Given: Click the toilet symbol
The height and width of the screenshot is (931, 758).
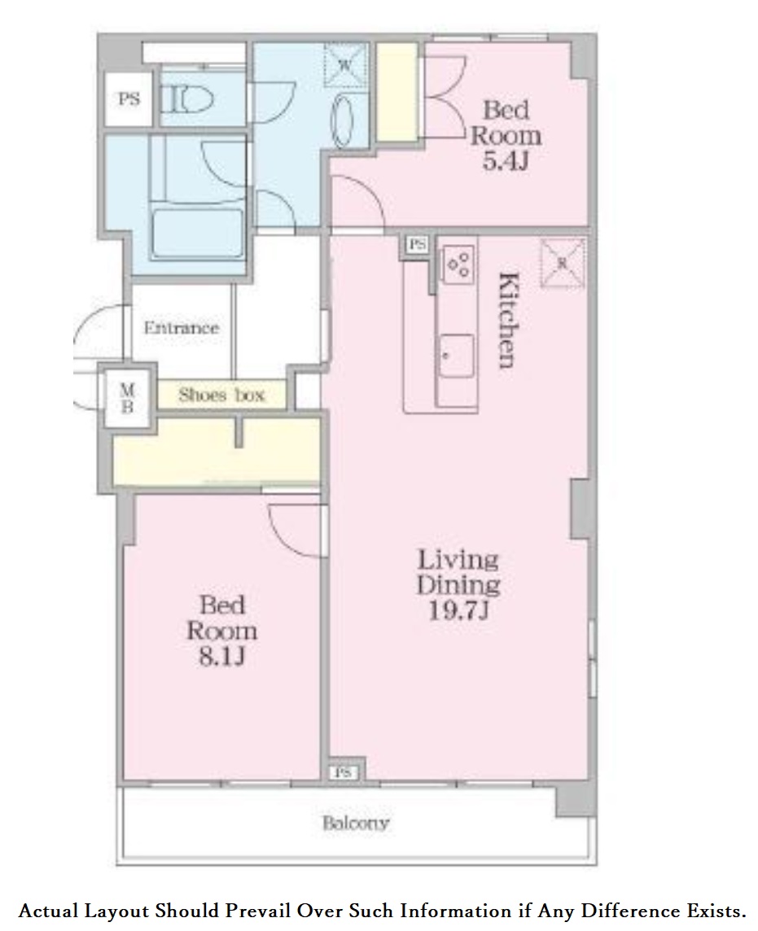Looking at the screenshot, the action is [x=187, y=99].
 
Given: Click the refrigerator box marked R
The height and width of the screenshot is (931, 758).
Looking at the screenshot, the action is [x=562, y=263].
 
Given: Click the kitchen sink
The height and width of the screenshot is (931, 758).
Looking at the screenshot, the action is [x=457, y=356].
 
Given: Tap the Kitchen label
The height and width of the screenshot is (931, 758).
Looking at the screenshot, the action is [x=509, y=320].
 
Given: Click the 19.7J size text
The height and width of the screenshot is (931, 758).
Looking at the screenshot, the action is [x=458, y=610].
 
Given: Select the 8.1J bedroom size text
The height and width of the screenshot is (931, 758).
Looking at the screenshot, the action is [x=221, y=656].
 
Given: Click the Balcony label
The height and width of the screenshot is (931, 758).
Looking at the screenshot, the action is [x=355, y=823].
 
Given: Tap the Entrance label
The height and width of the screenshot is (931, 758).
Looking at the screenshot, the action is [x=182, y=328].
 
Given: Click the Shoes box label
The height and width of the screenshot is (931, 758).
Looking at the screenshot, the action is [x=221, y=395].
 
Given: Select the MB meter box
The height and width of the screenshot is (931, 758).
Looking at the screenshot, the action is [x=128, y=398].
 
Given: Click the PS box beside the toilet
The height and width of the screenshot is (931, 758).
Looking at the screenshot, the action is [x=129, y=98].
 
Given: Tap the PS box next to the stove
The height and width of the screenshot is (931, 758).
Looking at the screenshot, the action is [x=418, y=244].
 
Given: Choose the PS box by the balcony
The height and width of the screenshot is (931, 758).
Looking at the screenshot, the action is [x=344, y=772].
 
